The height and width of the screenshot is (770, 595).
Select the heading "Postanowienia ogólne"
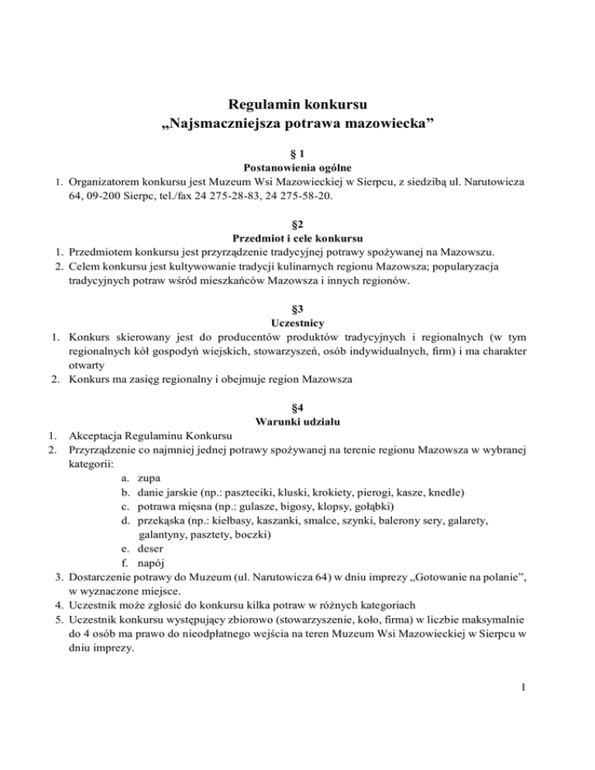pos(297,167)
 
